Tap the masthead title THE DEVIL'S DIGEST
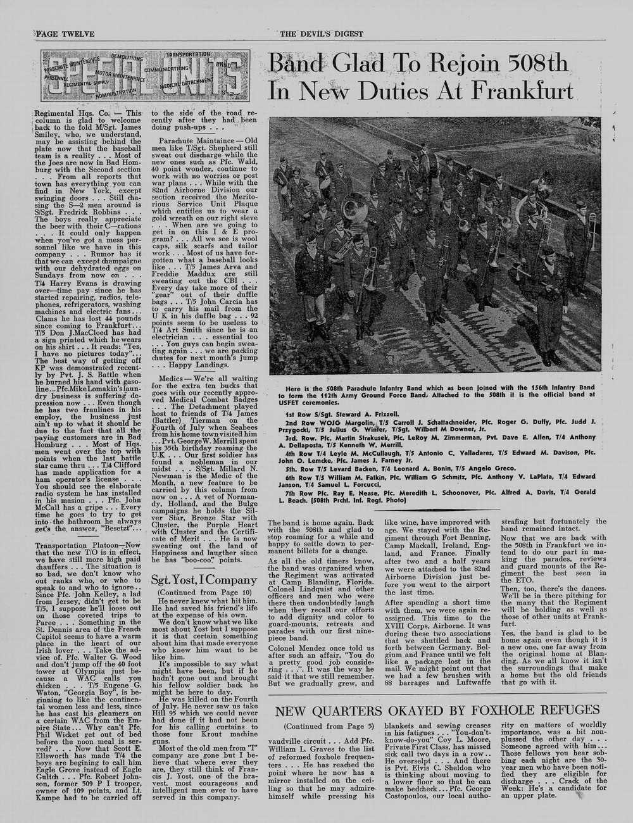pos(322,34)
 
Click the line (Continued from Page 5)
pos(329,726)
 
